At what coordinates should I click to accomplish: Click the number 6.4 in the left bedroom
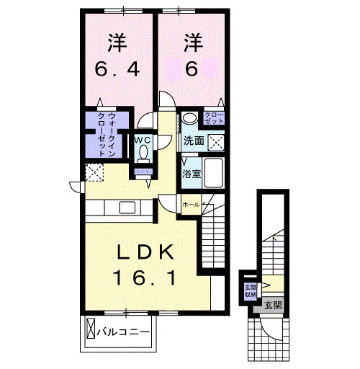(118, 70)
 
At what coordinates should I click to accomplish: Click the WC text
(142, 141)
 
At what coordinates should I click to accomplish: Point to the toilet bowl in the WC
(143, 154)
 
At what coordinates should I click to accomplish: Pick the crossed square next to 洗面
(215, 141)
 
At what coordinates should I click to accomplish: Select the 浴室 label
(191, 174)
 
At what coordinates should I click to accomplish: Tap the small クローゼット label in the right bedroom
(214, 118)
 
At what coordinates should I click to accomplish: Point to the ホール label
(190, 205)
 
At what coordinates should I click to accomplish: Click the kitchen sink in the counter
(127, 208)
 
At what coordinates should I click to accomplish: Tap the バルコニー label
(122, 332)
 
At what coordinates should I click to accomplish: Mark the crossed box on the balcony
(91, 331)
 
